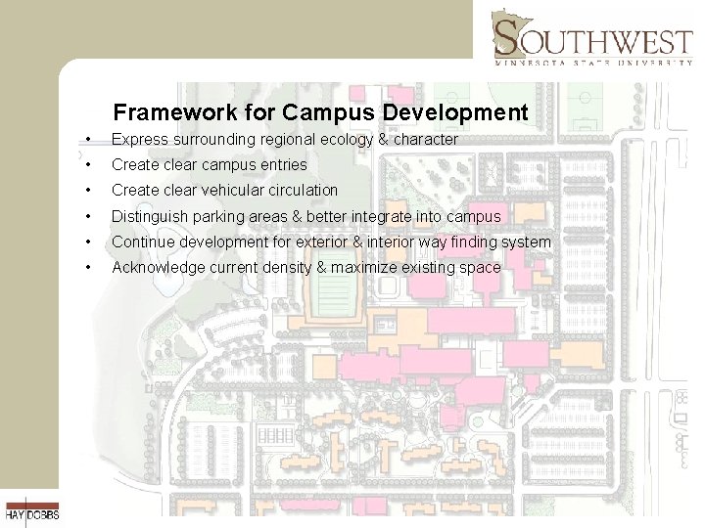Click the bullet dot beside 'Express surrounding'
88,140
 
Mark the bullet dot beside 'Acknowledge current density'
88,267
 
